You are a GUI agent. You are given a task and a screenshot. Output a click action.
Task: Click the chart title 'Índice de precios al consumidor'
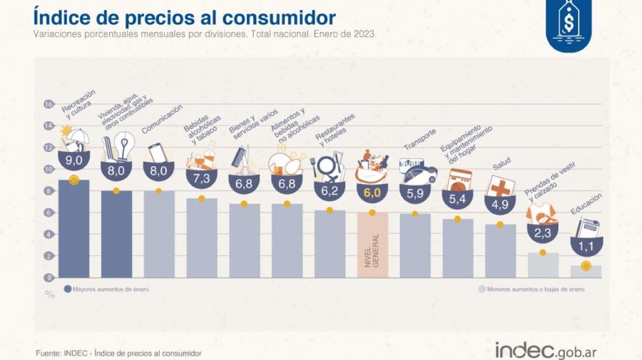click(184, 17)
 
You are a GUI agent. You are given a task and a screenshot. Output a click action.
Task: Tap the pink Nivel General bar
click(372, 245)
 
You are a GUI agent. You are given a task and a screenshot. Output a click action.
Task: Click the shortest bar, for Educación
click(586, 272)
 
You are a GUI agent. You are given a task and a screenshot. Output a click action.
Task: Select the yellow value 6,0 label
click(372, 192)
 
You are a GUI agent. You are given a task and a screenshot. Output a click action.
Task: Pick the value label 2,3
click(543, 232)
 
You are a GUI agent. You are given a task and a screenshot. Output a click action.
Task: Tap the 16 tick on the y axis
click(49, 104)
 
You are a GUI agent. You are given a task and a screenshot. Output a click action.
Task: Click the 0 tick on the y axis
click(49, 277)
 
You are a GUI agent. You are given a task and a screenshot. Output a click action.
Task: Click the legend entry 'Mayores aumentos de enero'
click(111, 289)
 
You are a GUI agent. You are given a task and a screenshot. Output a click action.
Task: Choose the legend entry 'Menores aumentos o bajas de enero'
click(531, 289)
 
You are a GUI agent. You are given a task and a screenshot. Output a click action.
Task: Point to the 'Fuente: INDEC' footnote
click(118, 353)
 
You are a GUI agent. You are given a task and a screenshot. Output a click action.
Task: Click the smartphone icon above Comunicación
click(157, 153)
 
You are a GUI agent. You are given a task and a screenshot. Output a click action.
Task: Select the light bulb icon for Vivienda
click(126, 146)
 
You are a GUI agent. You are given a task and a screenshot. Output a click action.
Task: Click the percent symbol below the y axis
click(50, 294)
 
